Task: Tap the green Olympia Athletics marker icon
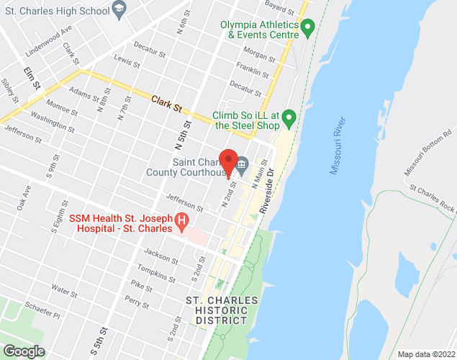click(x=309, y=29)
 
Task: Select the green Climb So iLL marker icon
click(x=289, y=117)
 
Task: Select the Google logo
click(x=23, y=351)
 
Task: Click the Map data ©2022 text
click(x=426, y=354)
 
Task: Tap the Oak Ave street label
click(x=25, y=199)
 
